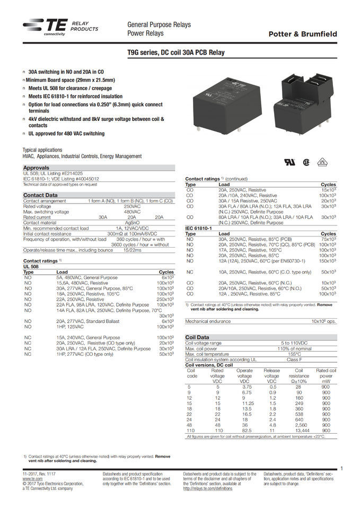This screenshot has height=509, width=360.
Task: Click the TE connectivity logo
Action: click(x=45, y=27)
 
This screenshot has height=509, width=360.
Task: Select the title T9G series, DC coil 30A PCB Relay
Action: click(x=176, y=53)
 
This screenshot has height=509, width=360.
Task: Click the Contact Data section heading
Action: click(x=40, y=195)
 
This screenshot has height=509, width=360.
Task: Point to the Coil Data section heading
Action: click(x=197, y=337)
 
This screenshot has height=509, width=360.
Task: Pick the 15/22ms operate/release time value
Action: click(x=132, y=250)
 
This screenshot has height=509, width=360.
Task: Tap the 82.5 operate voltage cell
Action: click(x=244, y=431)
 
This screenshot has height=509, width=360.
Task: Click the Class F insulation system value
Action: click(x=293, y=359)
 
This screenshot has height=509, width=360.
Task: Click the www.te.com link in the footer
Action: click(x=33, y=478)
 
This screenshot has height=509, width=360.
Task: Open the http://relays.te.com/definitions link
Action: click(x=207, y=488)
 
